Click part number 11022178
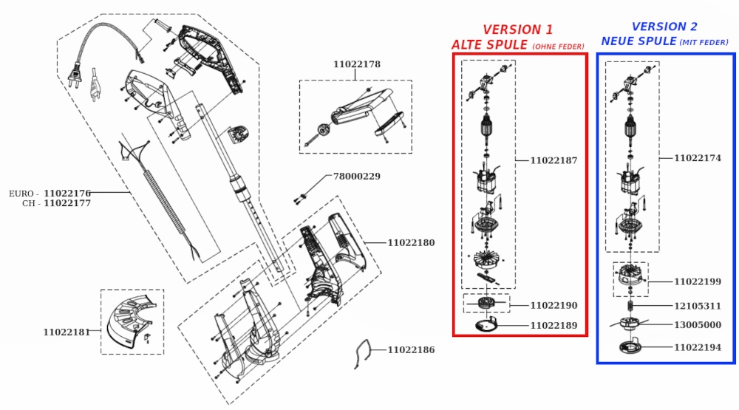(x=357, y=64)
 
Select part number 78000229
(x=357, y=177)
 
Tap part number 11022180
(x=411, y=242)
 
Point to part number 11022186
(x=411, y=350)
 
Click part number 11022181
(x=67, y=332)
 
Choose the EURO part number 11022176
(x=67, y=194)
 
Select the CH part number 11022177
(x=67, y=203)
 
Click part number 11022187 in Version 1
(x=554, y=160)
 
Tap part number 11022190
(x=554, y=306)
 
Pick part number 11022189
(x=554, y=325)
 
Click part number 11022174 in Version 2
(x=698, y=158)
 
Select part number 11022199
(x=698, y=281)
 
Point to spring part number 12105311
(x=698, y=306)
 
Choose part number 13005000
(x=698, y=325)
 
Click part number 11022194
(x=698, y=347)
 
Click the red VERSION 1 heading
(x=517, y=30)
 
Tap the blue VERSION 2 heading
(x=664, y=27)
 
